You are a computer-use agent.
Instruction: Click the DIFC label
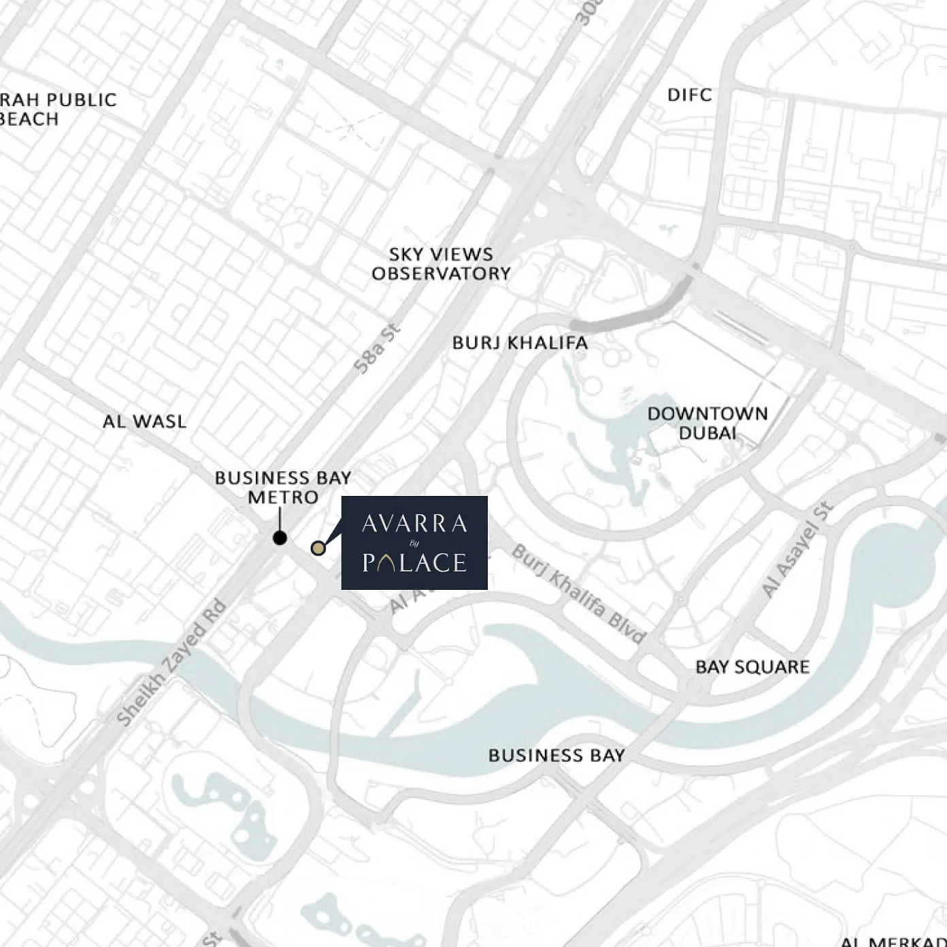point(689,95)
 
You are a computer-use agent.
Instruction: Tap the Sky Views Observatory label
point(441,264)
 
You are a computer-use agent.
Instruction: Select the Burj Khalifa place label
point(520,342)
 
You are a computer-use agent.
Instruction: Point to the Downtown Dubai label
point(708,423)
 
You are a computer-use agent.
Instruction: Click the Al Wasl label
point(144,422)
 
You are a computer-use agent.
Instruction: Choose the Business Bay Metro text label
point(283,487)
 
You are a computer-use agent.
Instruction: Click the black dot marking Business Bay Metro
point(280,538)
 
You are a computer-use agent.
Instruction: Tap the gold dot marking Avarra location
point(318,548)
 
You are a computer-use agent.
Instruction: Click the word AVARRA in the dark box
point(414,523)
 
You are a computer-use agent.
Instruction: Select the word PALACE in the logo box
point(414,563)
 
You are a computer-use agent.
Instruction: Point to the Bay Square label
point(752,667)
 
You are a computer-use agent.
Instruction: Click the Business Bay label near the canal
point(556,755)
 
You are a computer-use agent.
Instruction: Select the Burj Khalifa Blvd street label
point(578,594)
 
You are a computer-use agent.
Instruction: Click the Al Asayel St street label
point(797,550)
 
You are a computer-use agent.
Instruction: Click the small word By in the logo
point(414,543)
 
